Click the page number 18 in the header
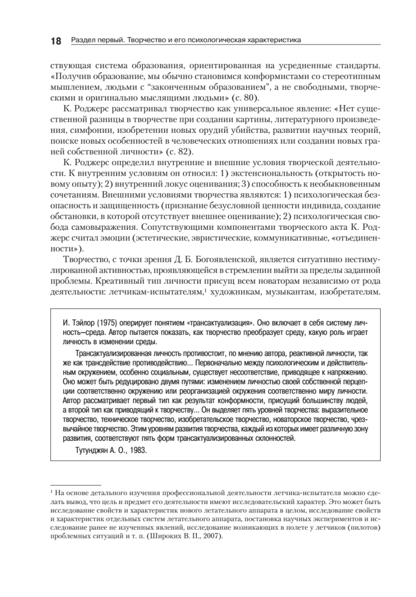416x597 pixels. (x=55, y=41)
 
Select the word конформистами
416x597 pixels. (x=268, y=77)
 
